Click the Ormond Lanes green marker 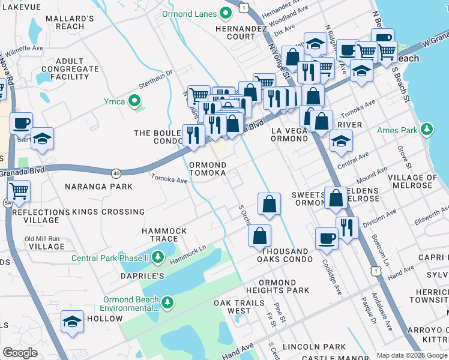tap(226, 12)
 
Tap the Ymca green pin tap(136, 101)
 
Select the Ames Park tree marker tap(427, 130)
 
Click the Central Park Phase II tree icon tap(158, 258)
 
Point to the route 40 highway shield tap(116, 173)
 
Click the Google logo tap(20, 352)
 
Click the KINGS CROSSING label tap(108, 212)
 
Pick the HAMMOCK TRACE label tap(164, 235)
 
